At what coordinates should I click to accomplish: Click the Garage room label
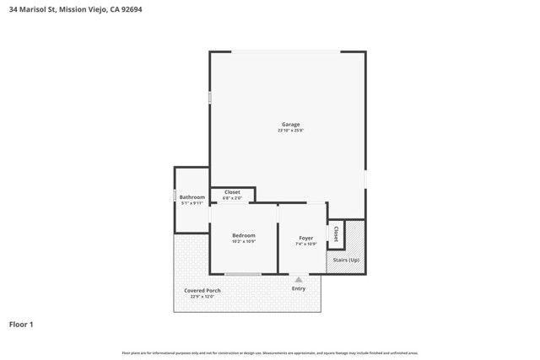(x=290, y=125)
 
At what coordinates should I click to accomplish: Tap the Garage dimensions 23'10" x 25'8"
(x=290, y=131)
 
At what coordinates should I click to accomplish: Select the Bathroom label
(x=192, y=197)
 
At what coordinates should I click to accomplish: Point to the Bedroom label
(x=243, y=235)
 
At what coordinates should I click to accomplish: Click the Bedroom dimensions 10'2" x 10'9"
(x=243, y=242)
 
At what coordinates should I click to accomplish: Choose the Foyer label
(x=305, y=238)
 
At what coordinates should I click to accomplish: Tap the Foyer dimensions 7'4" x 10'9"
(x=305, y=244)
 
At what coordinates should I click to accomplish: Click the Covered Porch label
(x=202, y=291)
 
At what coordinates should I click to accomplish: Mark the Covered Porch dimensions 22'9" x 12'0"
(x=202, y=297)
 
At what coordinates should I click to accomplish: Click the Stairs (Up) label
(x=346, y=261)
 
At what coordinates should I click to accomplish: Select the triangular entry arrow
(x=298, y=278)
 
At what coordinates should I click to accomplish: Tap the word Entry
(x=299, y=289)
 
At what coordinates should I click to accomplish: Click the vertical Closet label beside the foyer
(x=336, y=234)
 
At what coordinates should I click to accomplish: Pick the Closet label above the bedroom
(x=232, y=192)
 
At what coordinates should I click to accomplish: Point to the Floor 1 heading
(x=21, y=324)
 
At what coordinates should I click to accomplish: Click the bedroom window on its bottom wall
(x=243, y=274)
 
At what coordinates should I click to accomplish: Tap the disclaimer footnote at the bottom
(x=270, y=352)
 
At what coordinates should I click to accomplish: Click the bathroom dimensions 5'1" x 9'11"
(x=192, y=203)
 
